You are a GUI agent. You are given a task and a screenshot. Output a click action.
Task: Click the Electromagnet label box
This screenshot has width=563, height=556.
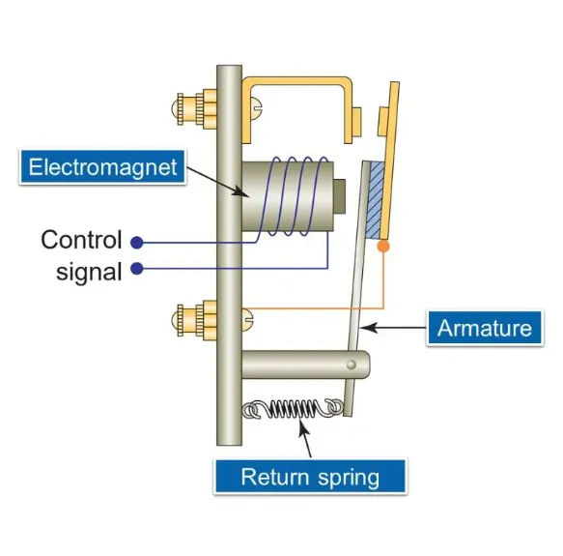point(102,167)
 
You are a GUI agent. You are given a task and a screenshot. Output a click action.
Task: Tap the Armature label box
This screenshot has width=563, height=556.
point(485,328)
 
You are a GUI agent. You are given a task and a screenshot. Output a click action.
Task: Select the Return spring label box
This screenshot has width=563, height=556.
point(310,477)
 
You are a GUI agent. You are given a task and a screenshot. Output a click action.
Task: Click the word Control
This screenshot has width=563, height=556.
point(81,240)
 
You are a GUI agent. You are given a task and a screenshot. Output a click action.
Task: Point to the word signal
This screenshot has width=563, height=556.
point(89,273)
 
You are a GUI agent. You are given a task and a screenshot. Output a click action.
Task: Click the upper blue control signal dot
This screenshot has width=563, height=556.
point(137,243)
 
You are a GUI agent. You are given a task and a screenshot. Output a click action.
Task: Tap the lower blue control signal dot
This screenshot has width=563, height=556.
point(137,268)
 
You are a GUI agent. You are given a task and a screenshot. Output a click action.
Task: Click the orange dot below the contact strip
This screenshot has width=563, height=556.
point(383,247)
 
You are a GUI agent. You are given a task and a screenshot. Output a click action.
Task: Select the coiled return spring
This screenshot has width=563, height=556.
point(293,409)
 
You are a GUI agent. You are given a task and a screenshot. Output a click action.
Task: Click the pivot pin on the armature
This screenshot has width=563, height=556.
point(352,365)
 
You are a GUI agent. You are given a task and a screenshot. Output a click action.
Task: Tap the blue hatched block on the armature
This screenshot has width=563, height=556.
point(374,200)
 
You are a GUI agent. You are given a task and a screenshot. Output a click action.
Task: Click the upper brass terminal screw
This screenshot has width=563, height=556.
point(196,109)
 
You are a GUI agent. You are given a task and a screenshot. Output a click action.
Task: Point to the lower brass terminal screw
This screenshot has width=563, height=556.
point(196,320)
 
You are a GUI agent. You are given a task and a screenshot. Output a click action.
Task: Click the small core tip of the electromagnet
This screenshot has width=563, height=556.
point(339,196)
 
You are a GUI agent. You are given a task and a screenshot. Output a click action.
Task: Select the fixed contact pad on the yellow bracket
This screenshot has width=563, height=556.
point(357,122)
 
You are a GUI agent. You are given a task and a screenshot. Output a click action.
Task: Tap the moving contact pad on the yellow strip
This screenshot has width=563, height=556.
point(382,122)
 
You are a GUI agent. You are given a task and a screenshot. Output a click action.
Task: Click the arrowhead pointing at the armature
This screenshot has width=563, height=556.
point(368,327)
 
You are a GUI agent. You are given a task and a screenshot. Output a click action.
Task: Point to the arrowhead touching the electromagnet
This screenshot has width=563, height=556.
point(240,191)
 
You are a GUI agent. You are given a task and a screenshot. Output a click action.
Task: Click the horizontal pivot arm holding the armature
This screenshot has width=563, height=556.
point(305,365)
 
